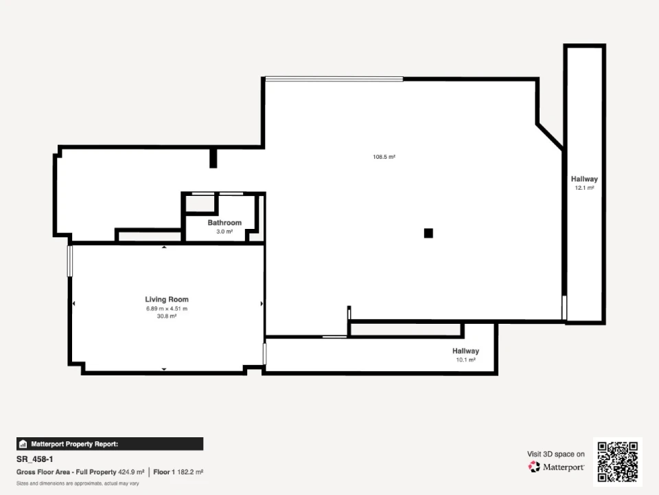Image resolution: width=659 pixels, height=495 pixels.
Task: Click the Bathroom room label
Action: (224, 223)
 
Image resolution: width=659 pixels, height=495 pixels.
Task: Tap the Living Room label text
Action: (167, 299)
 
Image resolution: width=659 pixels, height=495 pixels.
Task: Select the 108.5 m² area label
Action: (384, 157)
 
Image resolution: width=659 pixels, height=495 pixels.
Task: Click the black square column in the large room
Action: (428, 233)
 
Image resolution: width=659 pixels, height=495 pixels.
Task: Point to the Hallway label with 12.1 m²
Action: (584, 179)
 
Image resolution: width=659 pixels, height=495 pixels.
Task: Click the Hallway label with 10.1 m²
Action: (465, 351)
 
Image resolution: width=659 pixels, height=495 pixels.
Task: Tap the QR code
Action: (618, 462)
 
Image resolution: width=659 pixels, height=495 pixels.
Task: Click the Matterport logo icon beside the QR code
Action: (534, 467)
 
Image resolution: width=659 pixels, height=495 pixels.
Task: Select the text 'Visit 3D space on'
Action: (556, 454)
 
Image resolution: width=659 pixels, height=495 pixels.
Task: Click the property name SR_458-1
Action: (35, 459)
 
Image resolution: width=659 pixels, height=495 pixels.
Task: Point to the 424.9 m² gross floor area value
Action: (131, 472)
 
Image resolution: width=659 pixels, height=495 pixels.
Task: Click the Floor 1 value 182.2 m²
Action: (190, 472)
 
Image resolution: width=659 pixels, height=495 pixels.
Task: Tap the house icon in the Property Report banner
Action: (23, 444)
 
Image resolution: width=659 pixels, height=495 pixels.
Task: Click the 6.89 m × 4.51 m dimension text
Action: (167, 309)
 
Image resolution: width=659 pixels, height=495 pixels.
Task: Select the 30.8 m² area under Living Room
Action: (167, 316)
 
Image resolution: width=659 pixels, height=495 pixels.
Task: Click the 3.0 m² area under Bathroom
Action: (224, 232)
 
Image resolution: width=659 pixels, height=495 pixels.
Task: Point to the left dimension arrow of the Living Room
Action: (74, 303)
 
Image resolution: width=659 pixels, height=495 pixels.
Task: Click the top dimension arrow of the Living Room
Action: (164, 247)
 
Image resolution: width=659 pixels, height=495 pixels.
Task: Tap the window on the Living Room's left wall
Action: (70, 261)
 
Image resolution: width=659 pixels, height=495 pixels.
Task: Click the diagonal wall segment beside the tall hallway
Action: (550, 136)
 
